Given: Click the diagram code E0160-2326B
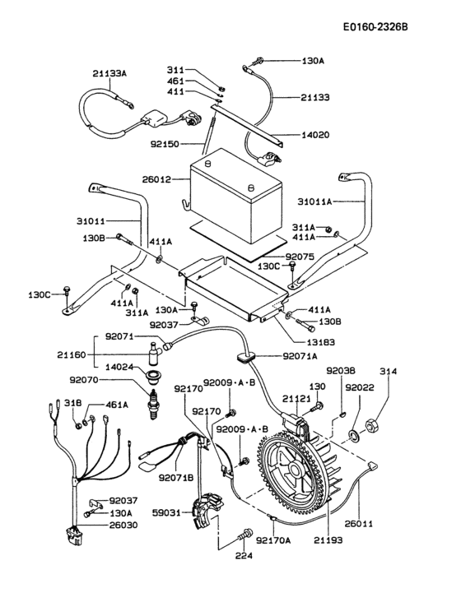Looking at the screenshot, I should click(x=375, y=27).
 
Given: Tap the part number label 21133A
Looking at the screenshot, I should click(x=109, y=73).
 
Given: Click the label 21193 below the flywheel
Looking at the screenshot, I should click(x=328, y=540).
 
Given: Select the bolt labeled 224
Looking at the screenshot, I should click(x=242, y=537).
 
